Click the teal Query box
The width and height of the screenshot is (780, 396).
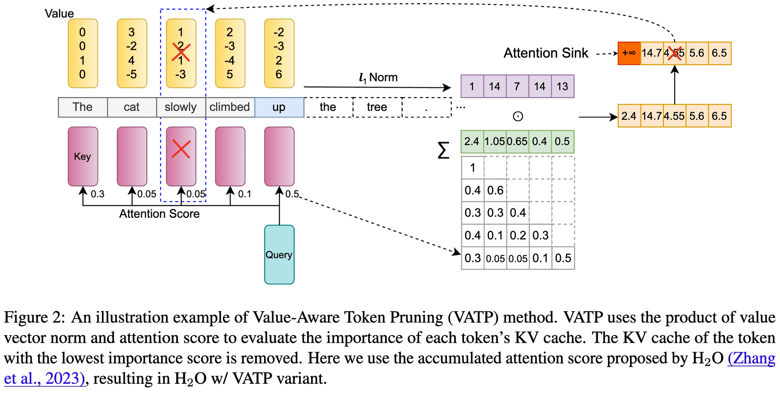pyautogui.click(x=279, y=255)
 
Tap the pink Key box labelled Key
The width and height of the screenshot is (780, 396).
pyautogui.click(x=82, y=156)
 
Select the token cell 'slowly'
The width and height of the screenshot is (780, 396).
pyautogui.click(x=181, y=107)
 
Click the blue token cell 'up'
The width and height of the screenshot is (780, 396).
pyautogui.click(x=279, y=107)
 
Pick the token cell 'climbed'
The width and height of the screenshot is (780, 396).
pyautogui.click(x=230, y=107)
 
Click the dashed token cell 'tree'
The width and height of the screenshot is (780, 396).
pyautogui.click(x=377, y=107)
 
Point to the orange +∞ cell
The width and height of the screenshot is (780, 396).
pyautogui.click(x=629, y=53)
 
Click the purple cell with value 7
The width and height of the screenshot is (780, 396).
pyautogui.click(x=517, y=87)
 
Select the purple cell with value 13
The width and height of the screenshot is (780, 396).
pyautogui.click(x=562, y=87)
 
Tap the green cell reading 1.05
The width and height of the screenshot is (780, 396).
pyautogui.click(x=495, y=141)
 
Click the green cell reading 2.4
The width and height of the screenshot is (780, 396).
pyautogui.click(x=472, y=141)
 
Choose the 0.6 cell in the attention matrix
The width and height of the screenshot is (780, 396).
pyautogui.click(x=495, y=190)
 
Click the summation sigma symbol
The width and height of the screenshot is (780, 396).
pyautogui.click(x=444, y=150)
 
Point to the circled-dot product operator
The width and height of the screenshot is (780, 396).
pyautogui.click(x=518, y=117)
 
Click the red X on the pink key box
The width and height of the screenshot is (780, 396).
pyautogui.click(x=181, y=149)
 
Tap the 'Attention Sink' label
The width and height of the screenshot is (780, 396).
pyautogui.click(x=546, y=53)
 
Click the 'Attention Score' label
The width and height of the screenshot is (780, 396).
pyautogui.click(x=159, y=214)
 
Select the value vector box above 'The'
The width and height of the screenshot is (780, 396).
pyautogui.click(x=82, y=53)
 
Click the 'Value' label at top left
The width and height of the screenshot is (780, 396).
pyautogui.click(x=59, y=13)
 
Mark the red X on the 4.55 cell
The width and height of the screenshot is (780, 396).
pyautogui.click(x=674, y=53)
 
